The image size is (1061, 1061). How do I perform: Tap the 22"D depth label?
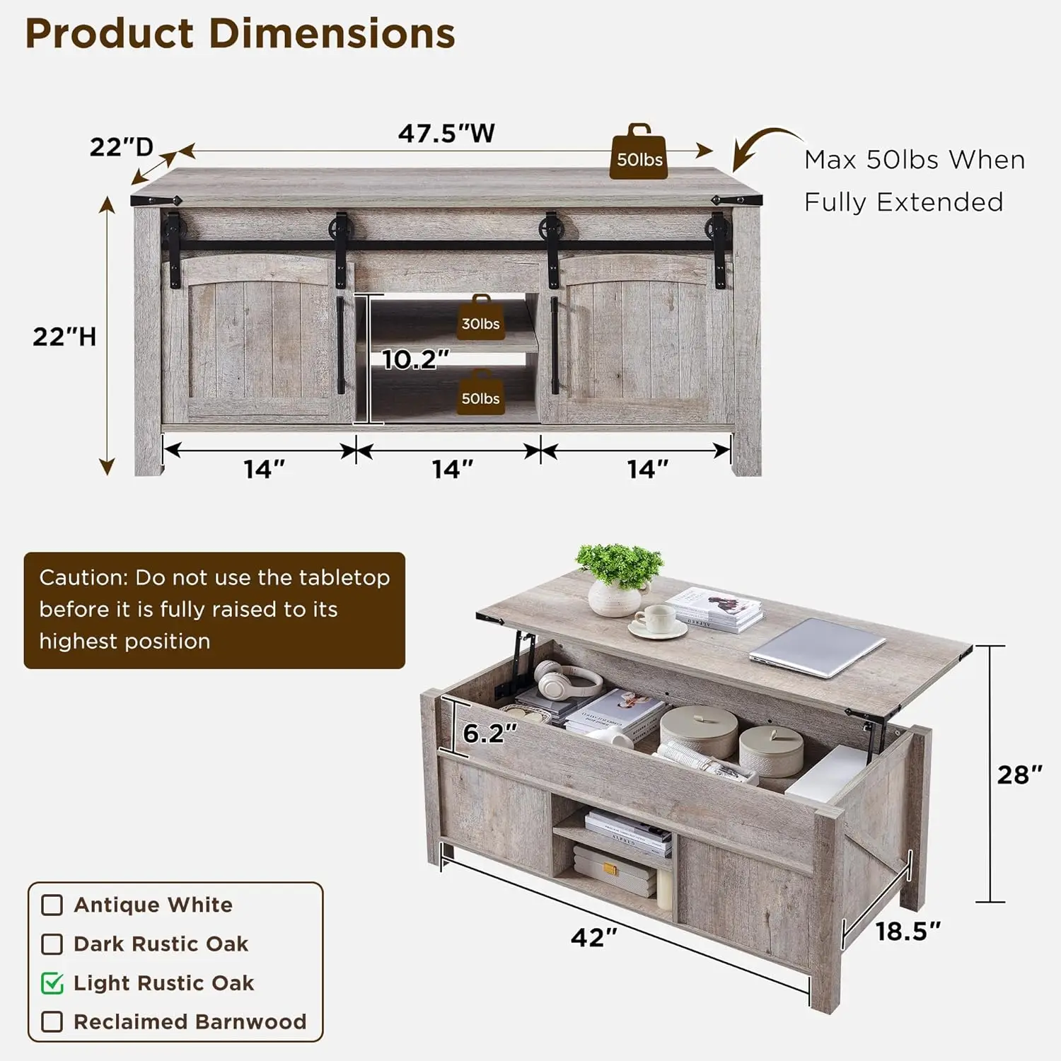pos(121,147)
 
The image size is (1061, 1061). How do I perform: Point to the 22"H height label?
pos(64,337)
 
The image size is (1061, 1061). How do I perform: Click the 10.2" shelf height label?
pos(415,359)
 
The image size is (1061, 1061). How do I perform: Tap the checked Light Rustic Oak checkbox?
pos(52,983)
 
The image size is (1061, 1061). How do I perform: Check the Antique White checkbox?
pos(52,905)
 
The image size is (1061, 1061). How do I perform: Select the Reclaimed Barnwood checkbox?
pos(52,1022)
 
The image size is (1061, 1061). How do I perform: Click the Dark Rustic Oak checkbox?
pos(52,944)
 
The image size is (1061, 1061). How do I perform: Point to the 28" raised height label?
pos(1019,775)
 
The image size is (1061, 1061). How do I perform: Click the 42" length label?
pos(593,937)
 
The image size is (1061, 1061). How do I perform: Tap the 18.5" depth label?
pos(908,932)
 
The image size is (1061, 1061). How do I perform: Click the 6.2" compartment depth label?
pos(489,734)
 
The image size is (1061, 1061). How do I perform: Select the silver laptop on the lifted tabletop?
pos(818,647)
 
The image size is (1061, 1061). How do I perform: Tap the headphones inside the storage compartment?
pos(567,680)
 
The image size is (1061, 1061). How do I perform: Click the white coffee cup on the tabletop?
pos(657,620)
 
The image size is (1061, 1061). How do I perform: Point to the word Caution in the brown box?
pos(83,578)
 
